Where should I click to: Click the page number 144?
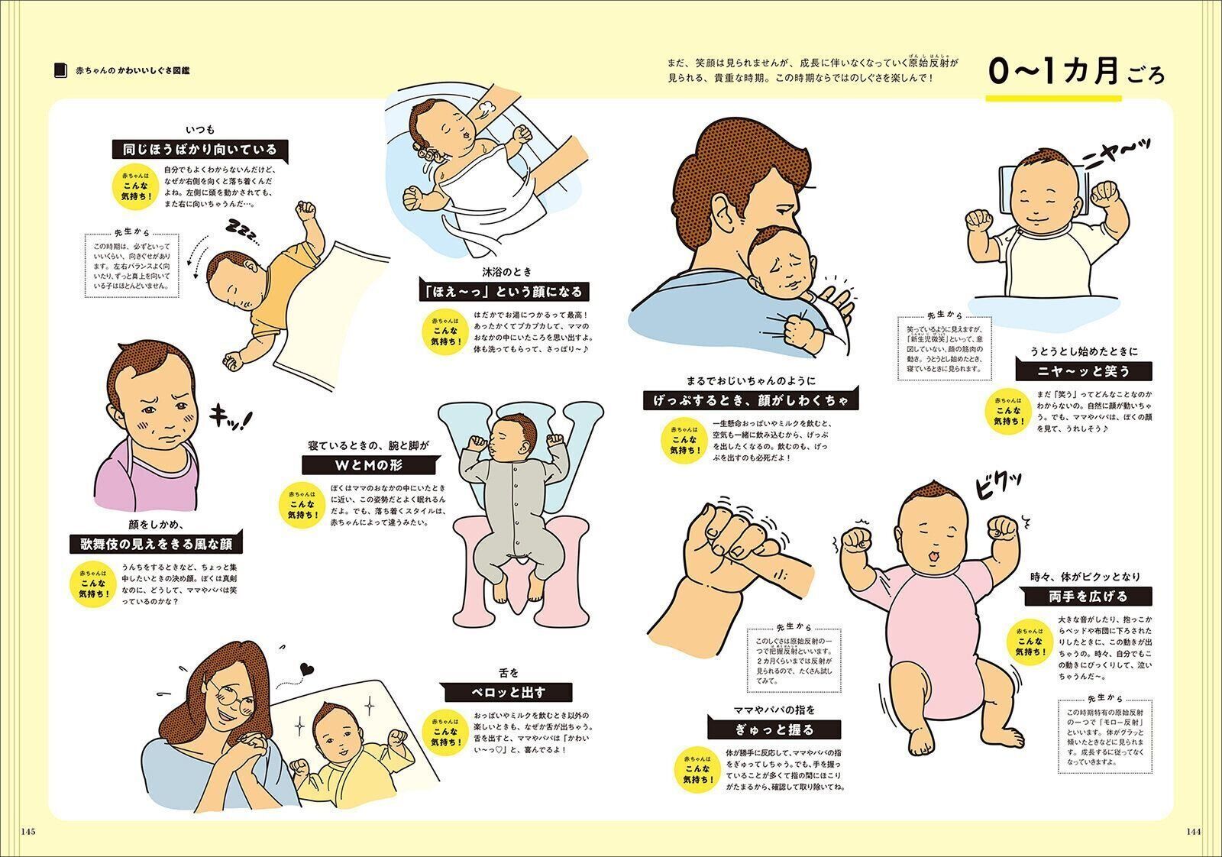point(1194,832)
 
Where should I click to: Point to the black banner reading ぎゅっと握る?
point(774,729)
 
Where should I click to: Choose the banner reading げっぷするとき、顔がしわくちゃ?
point(751,399)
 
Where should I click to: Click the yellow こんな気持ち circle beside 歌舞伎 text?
point(95,583)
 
